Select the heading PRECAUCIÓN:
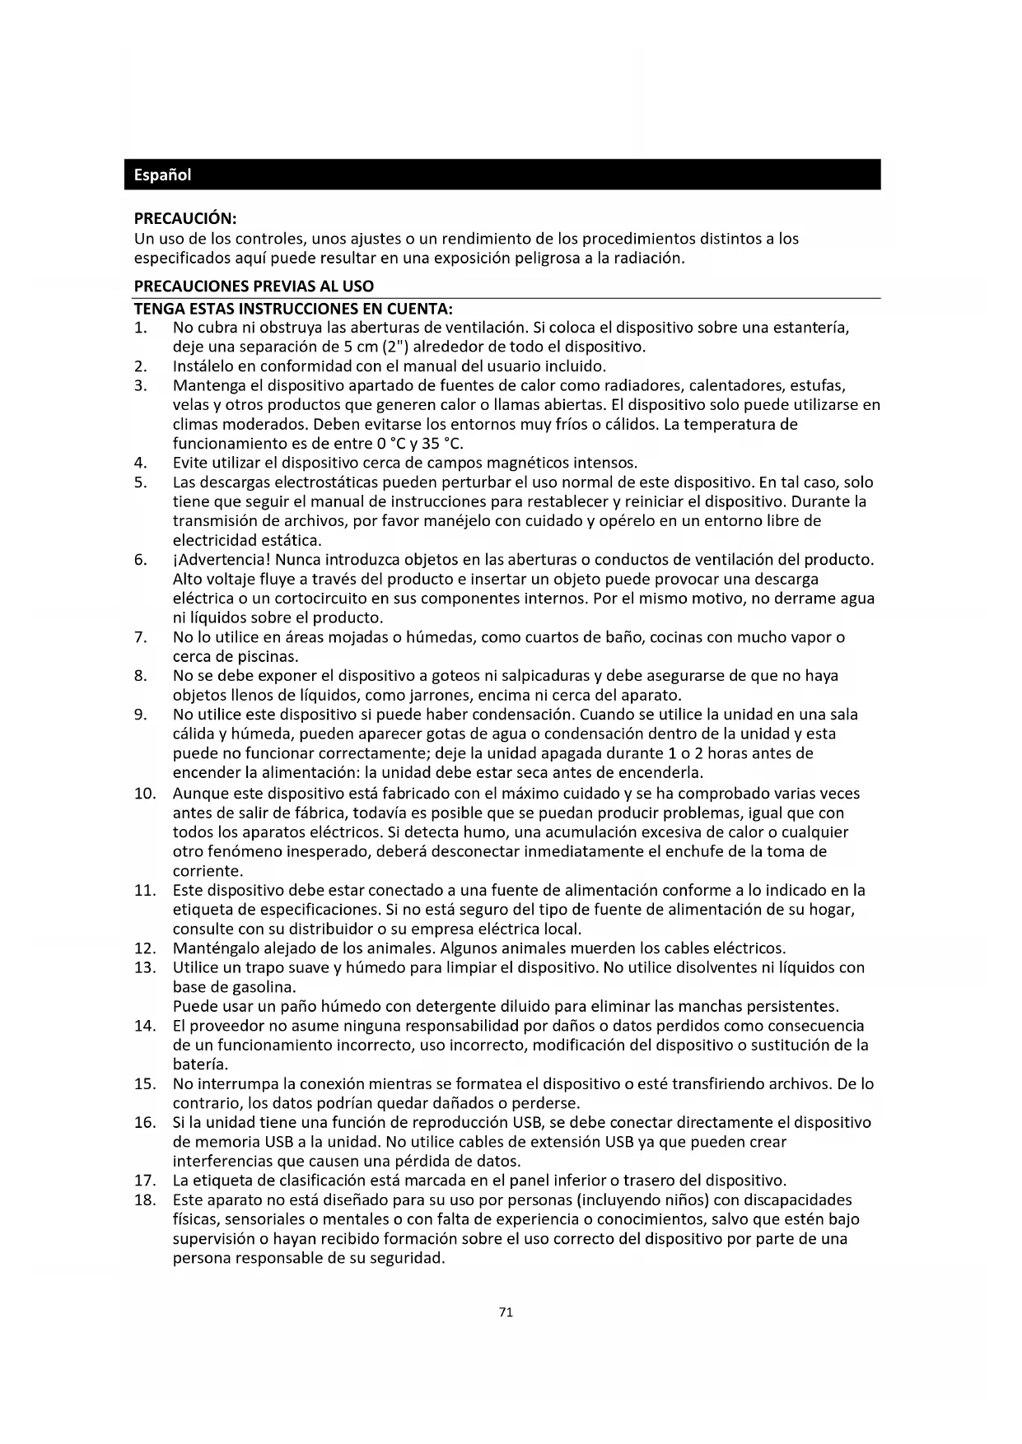click(185, 219)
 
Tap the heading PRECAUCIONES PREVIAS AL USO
click(254, 286)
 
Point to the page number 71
click(506, 1312)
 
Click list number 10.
click(145, 794)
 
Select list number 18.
click(145, 1199)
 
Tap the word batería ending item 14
click(199, 1064)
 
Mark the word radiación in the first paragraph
click(649, 259)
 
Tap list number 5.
click(141, 482)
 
